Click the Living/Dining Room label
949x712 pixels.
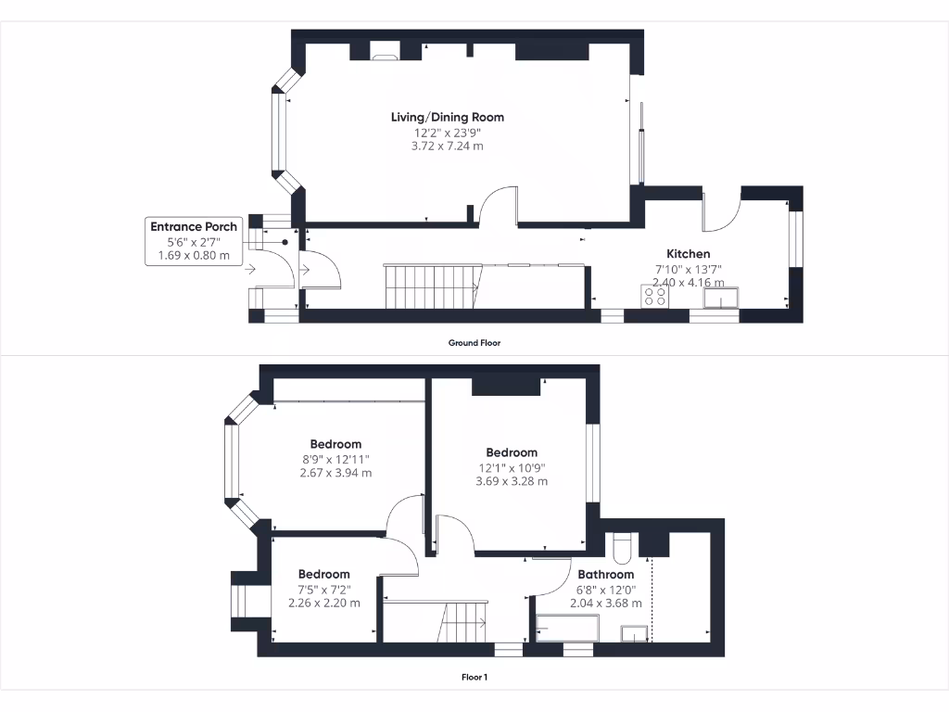pyautogui.click(x=448, y=117)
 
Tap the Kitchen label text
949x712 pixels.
pyautogui.click(x=689, y=253)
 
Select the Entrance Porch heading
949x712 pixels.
pyautogui.click(x=194, y=226)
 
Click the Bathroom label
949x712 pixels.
pyautogui.click(x=607, y=575)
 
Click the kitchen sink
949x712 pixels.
pyautogui.click(x=720, y=297)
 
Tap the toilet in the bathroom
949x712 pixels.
pyautogui.click(x=620, y=546)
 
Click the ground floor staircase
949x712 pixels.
pyautogui.click(x=431, y=286)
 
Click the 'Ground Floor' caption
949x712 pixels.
pyautogui.click(x=474, y=343)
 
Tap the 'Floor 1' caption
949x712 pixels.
pyautogui.click(x=474, y=677)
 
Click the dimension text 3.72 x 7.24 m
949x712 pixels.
pyautogui.click(x=448, y=146)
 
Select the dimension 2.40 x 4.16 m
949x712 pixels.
pyautogui.click(x=689, y=282)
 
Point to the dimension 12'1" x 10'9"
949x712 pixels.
pyautogui.click(x=512, y=467)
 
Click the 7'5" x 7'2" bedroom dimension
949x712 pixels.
pyautogui.click(x=324, y=589)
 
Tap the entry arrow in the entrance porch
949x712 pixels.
pyautogui.click(x=251, y=270)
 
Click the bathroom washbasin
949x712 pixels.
pyautogui.click(x=634, y=634)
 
